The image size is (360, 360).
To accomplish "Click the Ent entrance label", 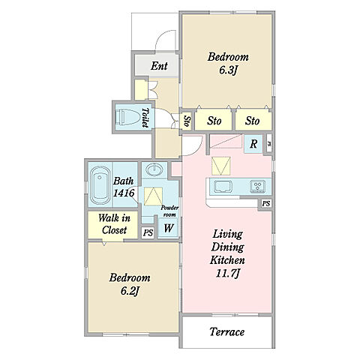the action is pos(159,66).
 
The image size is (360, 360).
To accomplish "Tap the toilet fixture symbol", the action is pos(128,117).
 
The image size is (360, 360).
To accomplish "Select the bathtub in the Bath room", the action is pos(100,185).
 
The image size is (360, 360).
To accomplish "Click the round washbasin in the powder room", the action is pos(154,169).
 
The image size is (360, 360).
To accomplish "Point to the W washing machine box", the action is pos(168,228).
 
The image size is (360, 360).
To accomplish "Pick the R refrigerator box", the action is pos(253,144).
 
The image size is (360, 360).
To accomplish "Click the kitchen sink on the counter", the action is pos(223,187).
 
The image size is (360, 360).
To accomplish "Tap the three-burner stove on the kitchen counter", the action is pos(258,187).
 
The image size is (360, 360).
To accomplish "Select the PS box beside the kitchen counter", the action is pos(266,203).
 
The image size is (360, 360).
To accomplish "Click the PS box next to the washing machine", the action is pos(148,232).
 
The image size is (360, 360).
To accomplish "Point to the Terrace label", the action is pos(227,332).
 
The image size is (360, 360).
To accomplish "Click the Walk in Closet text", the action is pos(114,224).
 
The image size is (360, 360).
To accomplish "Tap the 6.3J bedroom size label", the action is pos(228,70).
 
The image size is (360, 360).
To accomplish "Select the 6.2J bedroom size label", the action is pos(130,291).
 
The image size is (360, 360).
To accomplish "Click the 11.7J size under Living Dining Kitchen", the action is pos(227,273).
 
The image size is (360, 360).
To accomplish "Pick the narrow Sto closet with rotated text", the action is pos(186,121).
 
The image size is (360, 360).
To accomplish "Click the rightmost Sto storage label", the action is pos(252,121).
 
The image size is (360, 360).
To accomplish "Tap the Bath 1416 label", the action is pos(124,187).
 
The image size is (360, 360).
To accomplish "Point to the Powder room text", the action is pos(169,211).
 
